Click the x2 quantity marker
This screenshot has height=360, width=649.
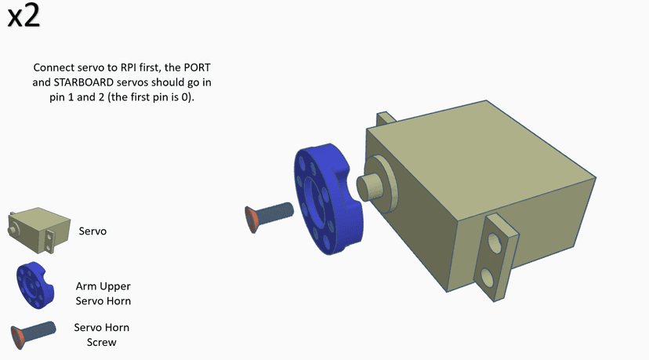click(x=24, y=16)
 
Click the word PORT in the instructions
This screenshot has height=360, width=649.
click(x=197, y=67)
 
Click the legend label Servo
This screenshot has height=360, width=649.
click(x=92, y=231)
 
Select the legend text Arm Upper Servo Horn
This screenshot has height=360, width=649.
click(x=103, y=293)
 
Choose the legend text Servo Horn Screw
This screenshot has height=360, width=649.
click(x=101, y=335)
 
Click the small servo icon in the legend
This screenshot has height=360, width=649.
click(x=39, y=231)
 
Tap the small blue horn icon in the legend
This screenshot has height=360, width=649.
click(x=35, y=285)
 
